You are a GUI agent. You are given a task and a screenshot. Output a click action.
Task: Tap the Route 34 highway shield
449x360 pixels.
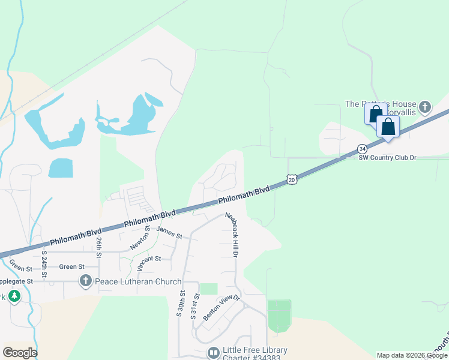(x=361, y=148)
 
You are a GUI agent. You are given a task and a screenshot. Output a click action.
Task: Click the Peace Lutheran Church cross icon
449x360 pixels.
(x=86, y=281)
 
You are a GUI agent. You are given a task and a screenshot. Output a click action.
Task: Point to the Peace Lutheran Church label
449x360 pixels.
(x=138, y=281)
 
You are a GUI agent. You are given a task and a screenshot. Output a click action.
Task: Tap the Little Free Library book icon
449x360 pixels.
(x=212, y=353)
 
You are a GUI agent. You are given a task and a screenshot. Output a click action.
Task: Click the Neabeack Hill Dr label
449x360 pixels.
(x=232, y=235)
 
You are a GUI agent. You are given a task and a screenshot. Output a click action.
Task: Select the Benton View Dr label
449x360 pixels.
(x=221, y=307)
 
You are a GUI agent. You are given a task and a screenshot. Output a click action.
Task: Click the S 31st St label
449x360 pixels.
(x=195, y=307)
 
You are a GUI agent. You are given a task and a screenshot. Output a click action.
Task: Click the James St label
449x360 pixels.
(x=169, y=232)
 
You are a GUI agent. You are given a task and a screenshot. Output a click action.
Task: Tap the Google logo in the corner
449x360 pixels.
(x=20, y=352)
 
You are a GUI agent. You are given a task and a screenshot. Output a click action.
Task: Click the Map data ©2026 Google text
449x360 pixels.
(x=412, y=355)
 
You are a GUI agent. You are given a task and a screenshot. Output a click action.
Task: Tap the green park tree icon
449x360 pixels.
(x=13, y=296)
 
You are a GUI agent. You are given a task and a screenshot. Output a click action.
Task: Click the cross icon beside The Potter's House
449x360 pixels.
(x=425, y=107)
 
